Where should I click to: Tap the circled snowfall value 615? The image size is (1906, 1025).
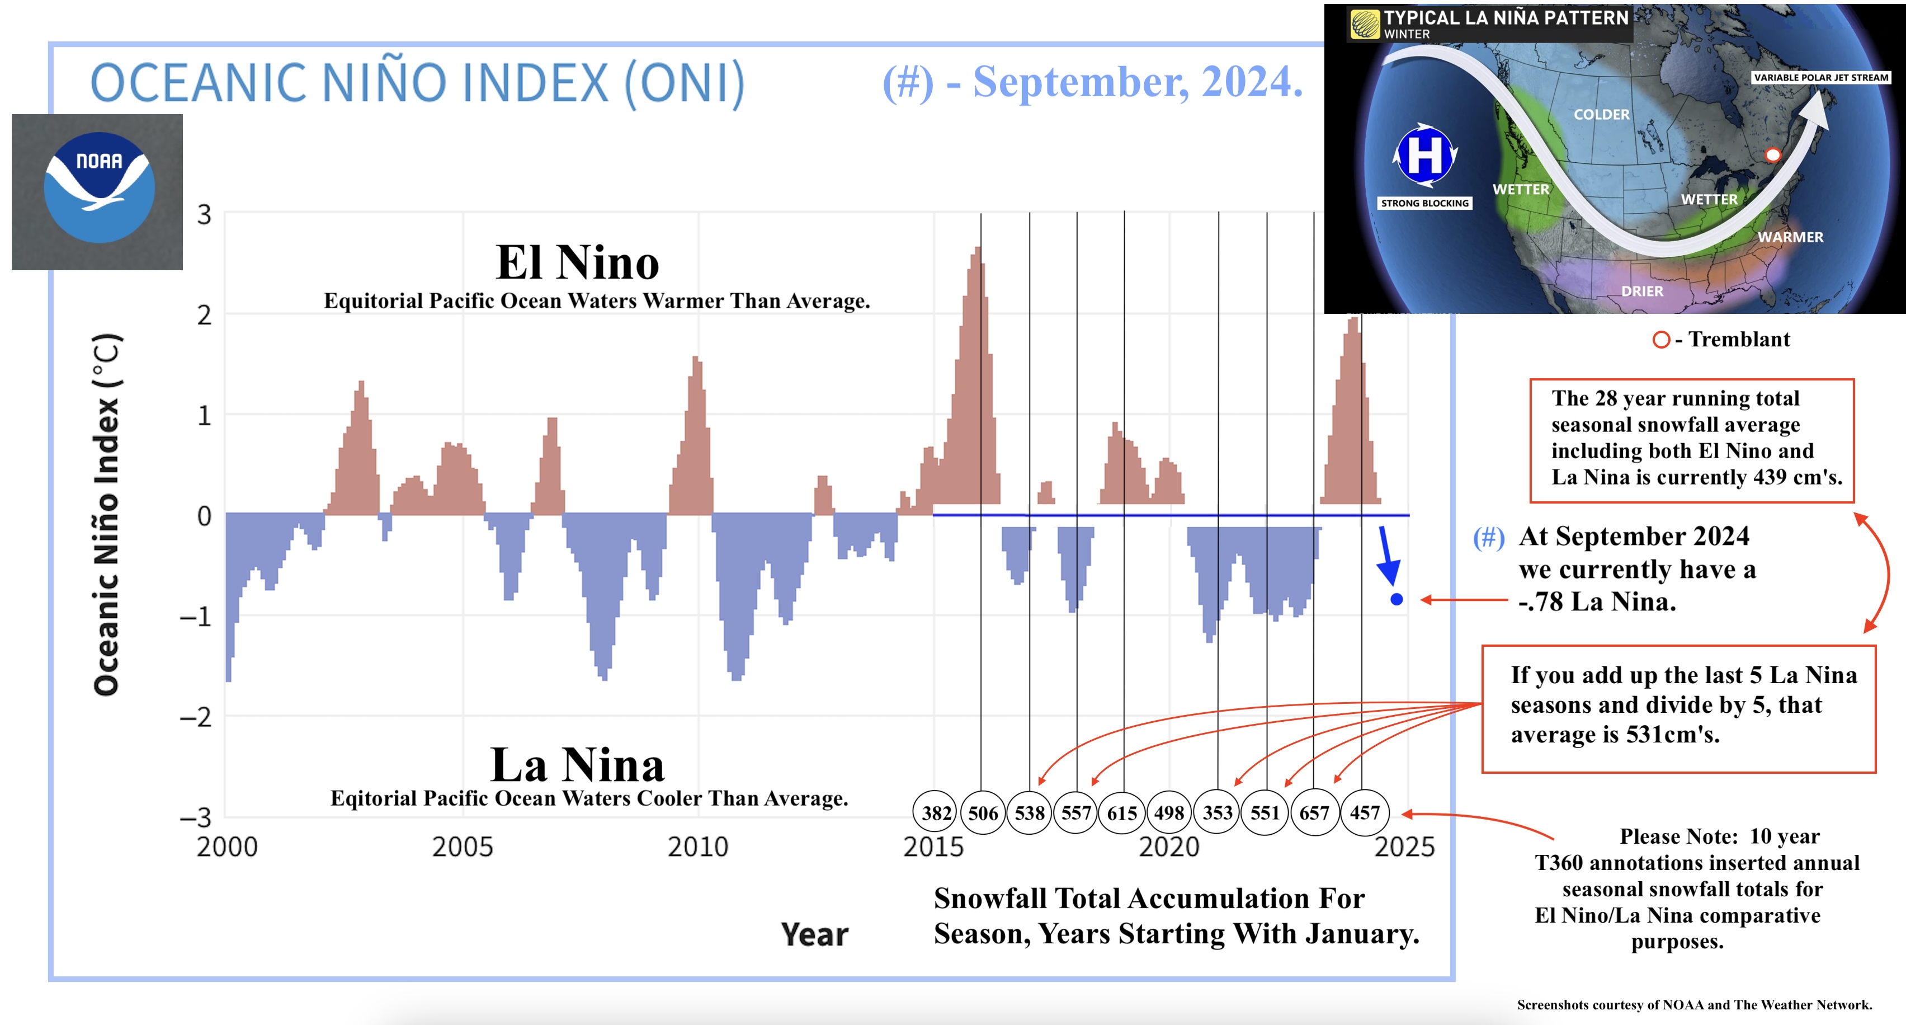[1122, 812]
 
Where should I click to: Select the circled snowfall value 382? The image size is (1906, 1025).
[936, 812]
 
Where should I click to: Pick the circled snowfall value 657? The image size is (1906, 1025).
[1314, 812]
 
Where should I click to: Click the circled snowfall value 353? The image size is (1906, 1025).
[1217, 812]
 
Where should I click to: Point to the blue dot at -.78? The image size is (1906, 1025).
[1396, 599]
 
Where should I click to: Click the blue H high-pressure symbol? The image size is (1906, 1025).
[1425, 154]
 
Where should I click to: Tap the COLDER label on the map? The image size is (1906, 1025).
[1601, 115]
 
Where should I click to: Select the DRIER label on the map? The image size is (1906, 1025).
[1642, 291]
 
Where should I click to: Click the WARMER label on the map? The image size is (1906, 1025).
[1791, 237]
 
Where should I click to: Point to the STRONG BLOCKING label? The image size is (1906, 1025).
[1424, 203]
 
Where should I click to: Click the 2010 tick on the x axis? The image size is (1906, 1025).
[698, 846]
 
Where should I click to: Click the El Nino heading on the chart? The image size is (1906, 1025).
[577, 262]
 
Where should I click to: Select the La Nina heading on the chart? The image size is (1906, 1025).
[577, 764]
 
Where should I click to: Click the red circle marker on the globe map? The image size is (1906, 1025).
[1773, 154]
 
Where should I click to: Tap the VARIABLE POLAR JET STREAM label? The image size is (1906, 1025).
[1821, 77]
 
